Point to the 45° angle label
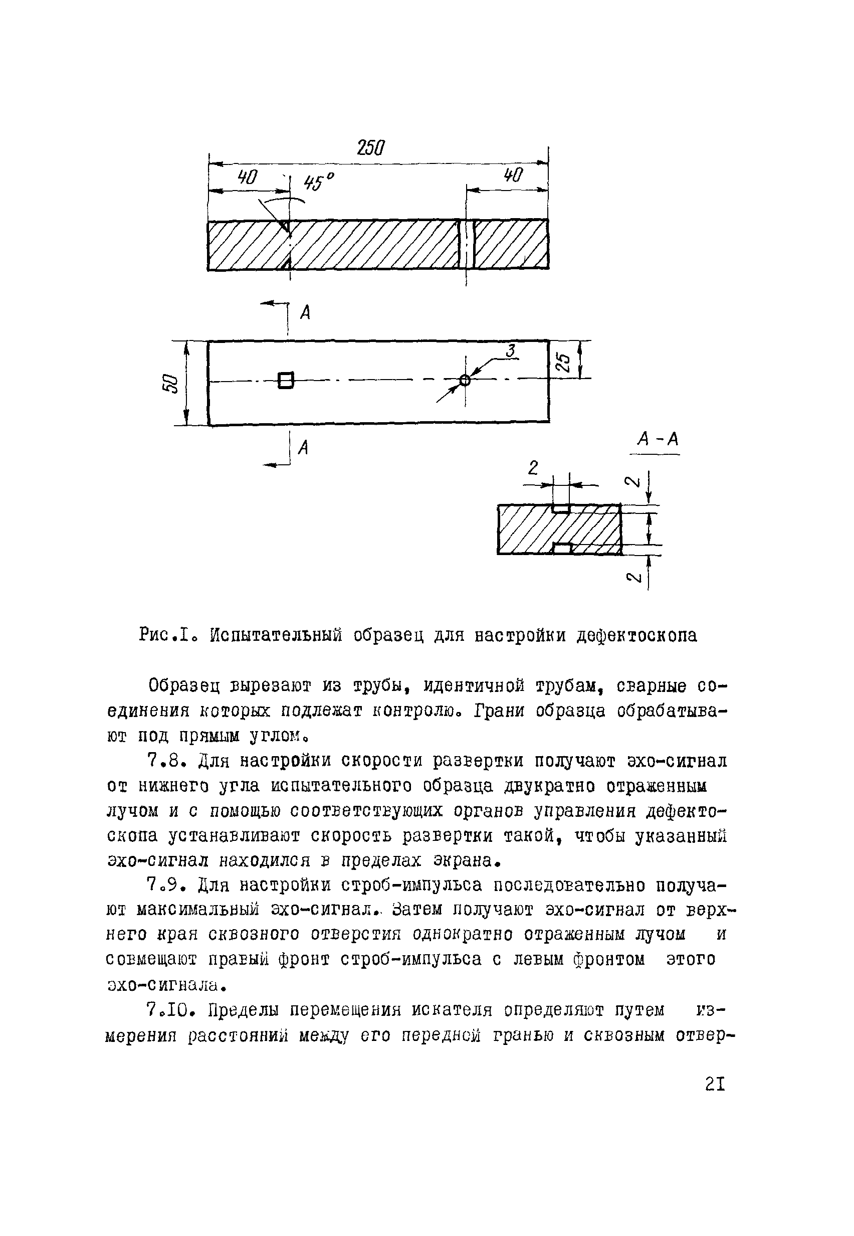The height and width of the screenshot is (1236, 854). pos(318,182)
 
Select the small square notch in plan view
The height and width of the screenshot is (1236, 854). pos(286,380)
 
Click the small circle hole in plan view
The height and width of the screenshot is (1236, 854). pos(465,380)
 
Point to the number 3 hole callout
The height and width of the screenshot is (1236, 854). pos(511,351)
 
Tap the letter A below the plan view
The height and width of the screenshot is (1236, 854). pos(303,447)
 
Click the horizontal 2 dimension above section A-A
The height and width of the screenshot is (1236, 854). pos(532,468)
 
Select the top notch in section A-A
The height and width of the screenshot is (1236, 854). pos(561,508)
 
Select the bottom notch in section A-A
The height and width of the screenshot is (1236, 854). pos(562,548)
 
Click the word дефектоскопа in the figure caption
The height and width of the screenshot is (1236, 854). pos(637,635)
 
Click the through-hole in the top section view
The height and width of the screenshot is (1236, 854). pos(467,244)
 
